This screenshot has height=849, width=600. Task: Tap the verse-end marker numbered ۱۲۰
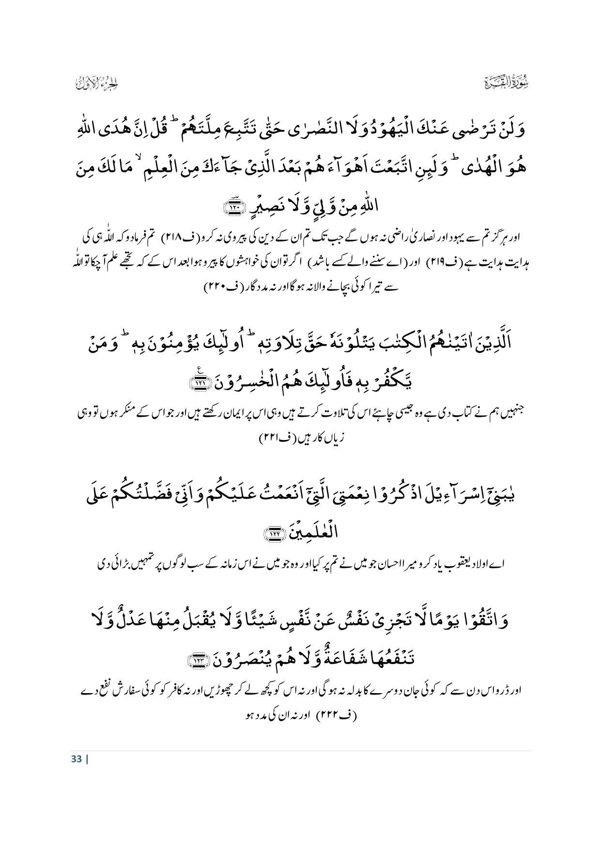coord(233,208)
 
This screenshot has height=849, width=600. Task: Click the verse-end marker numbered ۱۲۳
coord(198,661)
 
